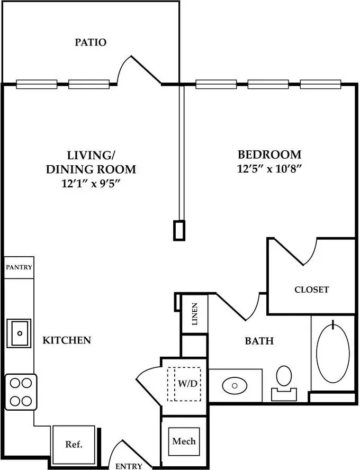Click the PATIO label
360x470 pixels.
point(91,42)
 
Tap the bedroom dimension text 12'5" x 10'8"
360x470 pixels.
point(269,169)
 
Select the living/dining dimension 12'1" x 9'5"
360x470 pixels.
point(91,183)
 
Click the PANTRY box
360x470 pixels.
point(19,267)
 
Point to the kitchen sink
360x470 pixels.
point(19,333)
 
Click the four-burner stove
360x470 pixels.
point(21,392)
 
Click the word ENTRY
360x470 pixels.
point(129,466)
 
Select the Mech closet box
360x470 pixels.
point(184,441)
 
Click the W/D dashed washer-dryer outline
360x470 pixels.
point(184,384)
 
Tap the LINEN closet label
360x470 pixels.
point(195,314)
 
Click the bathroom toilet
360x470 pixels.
point(284,383)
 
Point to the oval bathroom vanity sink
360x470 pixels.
point(235,385)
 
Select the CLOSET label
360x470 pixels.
point(311,290)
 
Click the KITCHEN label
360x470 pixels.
point(67,340)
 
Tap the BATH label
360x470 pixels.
point(259,341)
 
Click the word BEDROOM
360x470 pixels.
point(269,155)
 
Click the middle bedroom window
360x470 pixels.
point(268,84)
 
